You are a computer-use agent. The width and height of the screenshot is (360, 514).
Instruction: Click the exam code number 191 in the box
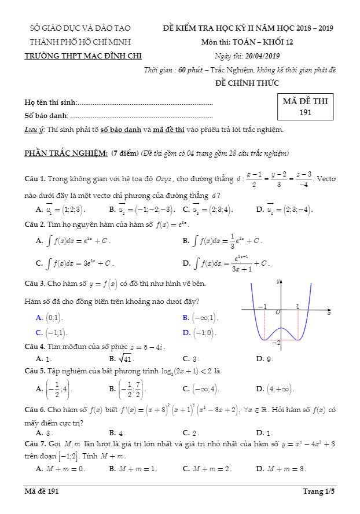click(306, 112)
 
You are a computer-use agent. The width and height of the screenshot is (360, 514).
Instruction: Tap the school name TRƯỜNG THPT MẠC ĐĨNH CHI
click(83, 56)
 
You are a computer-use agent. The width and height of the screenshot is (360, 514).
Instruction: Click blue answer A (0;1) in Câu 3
click(55, 317)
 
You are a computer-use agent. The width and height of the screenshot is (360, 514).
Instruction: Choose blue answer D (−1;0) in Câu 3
click(205, 332)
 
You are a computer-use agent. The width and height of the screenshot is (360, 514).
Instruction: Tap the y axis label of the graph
click(279, 281)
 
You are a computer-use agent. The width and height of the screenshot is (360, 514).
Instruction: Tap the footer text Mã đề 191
click(42, 491)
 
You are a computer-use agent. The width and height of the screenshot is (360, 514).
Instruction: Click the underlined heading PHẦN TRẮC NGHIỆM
click(65, 153)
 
